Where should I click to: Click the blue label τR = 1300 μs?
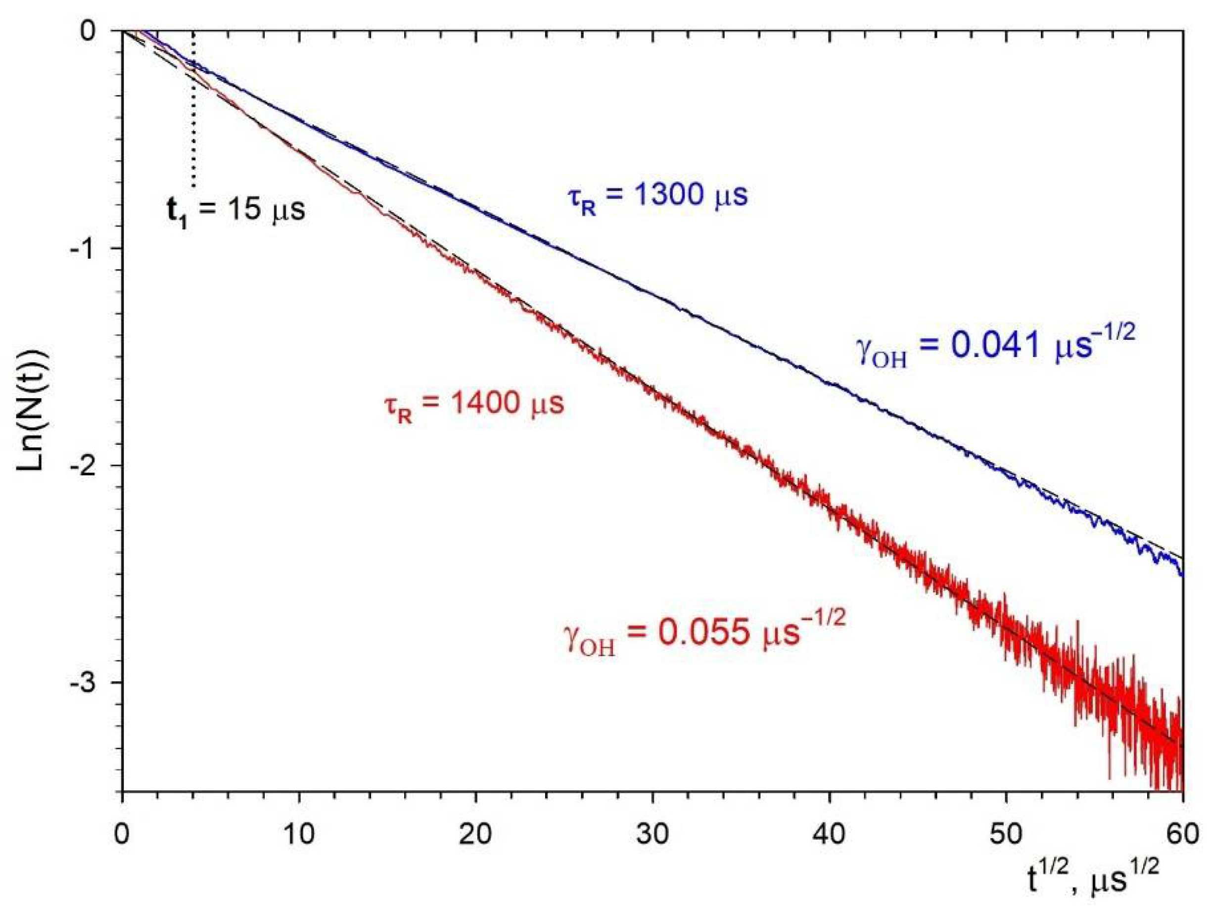pos(655,197)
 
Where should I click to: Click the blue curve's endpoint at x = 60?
pos(1182,575)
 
